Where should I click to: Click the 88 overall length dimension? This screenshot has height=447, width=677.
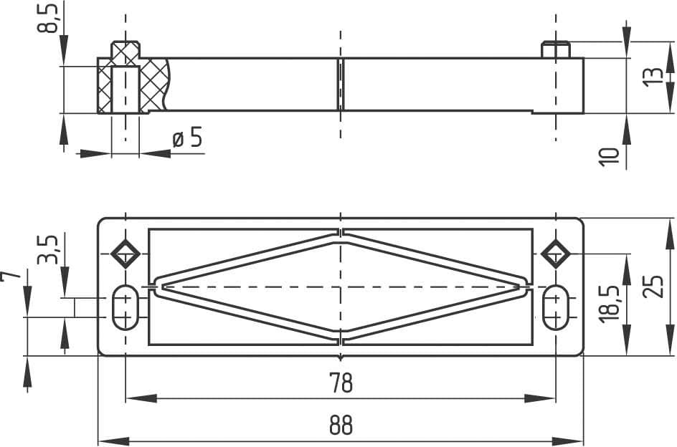coord(341,426)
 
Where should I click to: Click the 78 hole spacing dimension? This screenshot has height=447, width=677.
coord(341,383)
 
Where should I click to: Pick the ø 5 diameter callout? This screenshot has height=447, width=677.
coord(188,138)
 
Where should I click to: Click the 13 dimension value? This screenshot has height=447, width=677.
coord(653,75)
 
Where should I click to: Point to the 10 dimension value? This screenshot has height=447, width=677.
coord(609,156)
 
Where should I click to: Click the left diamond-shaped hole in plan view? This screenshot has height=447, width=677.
coord(126,253)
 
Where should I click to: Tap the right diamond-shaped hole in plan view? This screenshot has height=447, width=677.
coord(556,253)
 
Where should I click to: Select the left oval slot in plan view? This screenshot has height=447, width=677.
coord(126,307)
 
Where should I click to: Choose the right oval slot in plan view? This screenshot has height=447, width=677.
coord(556,307)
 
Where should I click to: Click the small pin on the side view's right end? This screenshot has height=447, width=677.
coord(556,50)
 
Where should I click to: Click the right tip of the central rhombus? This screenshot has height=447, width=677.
coord(524,287)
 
